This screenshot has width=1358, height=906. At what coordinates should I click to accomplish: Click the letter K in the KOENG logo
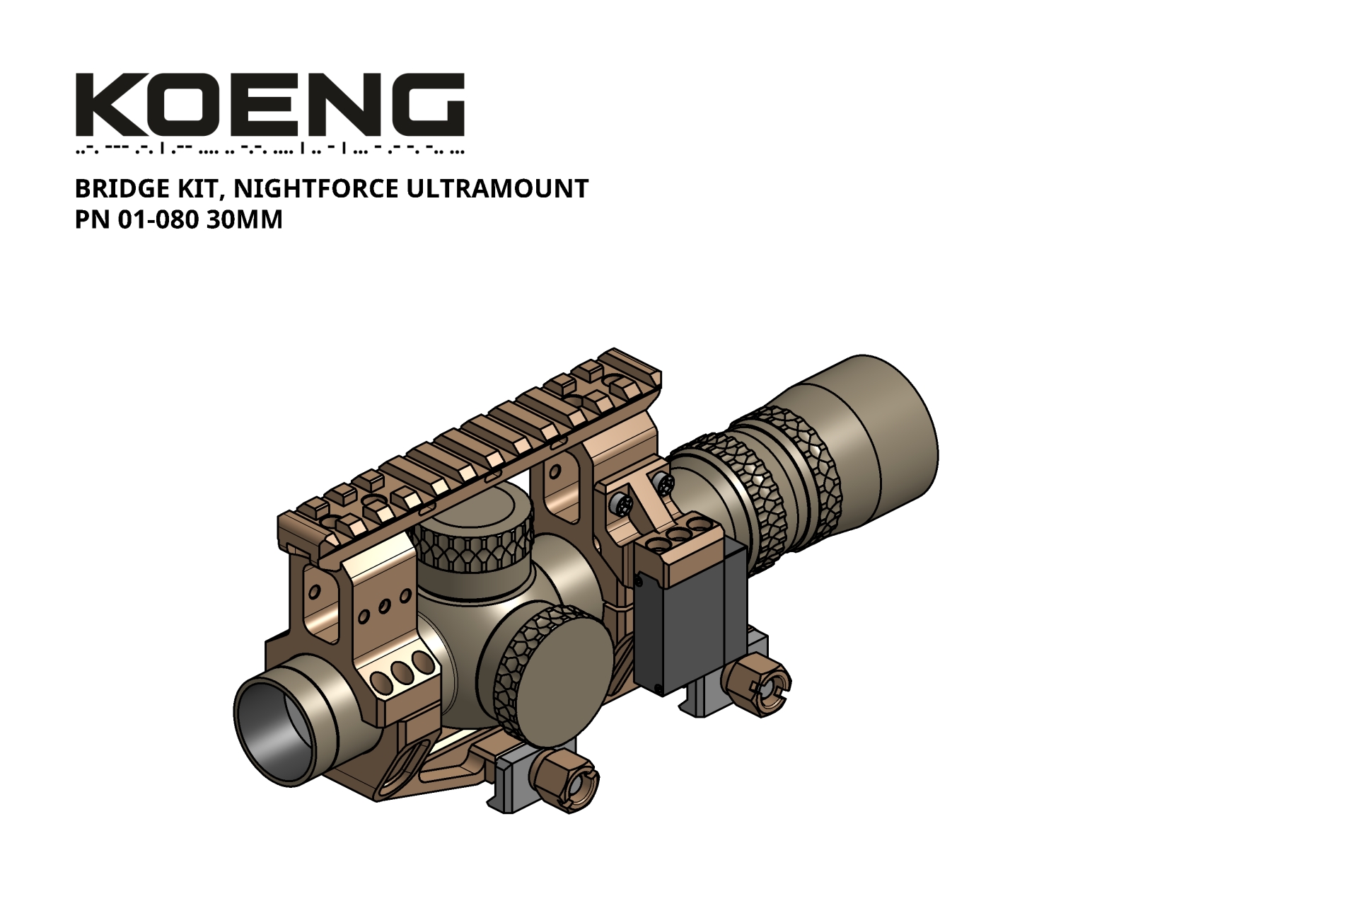106,104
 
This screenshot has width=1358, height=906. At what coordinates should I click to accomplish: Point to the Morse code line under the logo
269,149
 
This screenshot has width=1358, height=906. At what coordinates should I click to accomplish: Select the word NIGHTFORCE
316,189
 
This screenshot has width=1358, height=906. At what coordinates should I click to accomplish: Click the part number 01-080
158,220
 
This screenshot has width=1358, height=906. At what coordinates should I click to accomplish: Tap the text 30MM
245,220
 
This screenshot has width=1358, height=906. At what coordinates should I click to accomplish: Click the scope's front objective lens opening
276,729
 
